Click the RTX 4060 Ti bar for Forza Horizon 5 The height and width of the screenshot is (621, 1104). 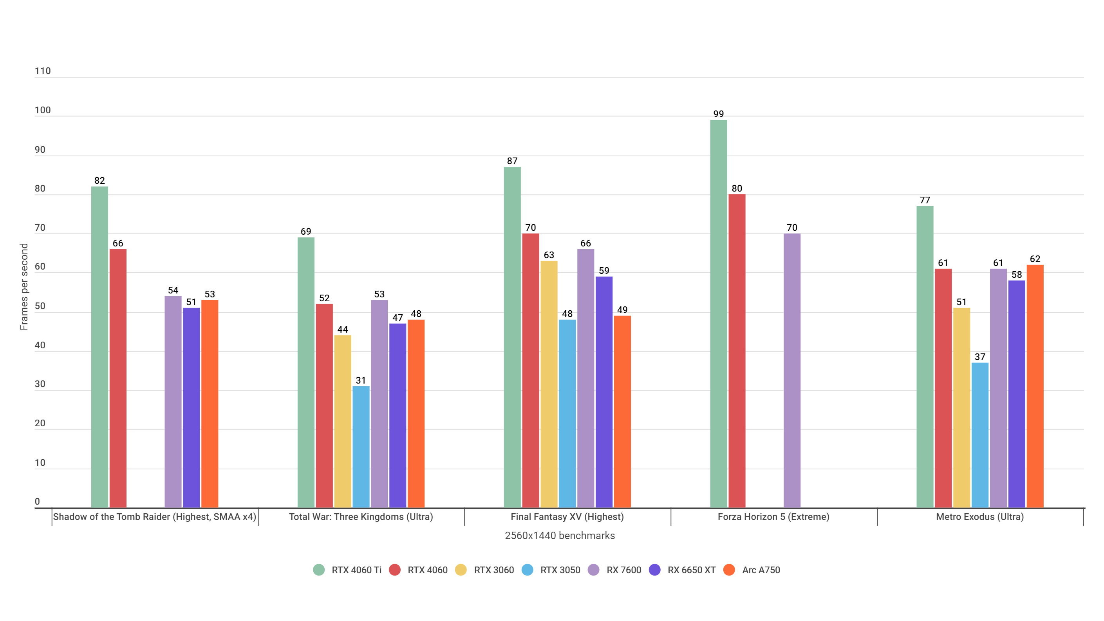(x=718, y=313)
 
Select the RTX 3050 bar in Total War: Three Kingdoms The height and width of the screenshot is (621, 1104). (x=361, y=446)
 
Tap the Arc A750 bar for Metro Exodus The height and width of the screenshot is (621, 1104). (x=1035, y=386)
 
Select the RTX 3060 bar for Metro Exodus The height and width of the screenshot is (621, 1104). (x=961, y=407)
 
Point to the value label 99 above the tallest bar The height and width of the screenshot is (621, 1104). (x=718, y=114)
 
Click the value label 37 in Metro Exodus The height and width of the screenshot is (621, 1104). (x=980, y=357)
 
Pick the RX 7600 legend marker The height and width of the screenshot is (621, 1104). (x=593, y=570)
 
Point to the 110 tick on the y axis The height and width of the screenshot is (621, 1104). (x=42, y=71)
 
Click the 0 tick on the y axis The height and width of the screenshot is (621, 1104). (x=37, y=502)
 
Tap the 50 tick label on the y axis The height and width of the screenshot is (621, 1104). (x=40, y=306)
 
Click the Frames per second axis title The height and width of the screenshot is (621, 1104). (x=24, y=286)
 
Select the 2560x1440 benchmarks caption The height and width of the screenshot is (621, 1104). (x=559, y=536)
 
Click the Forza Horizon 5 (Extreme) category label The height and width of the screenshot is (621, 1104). (x=773, y=517)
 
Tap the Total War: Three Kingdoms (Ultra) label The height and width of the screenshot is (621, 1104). (x=361, y=517)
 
